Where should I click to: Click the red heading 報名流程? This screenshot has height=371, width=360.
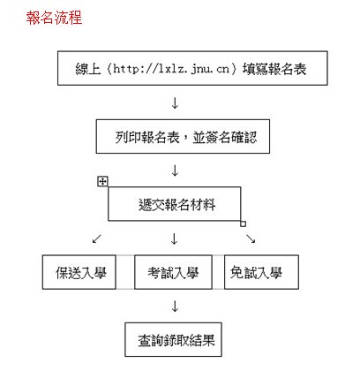click(x=54, y=18)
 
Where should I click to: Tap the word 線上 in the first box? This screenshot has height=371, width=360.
click(x=88, y=69)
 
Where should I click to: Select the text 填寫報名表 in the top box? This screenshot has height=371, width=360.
click(x=274, y=69)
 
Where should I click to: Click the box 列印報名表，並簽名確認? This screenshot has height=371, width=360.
click(x=183, y=136)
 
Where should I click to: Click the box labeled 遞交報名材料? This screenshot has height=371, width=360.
click(x=175, y=204)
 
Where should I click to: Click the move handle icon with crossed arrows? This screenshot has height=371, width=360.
click(x=102, y=181)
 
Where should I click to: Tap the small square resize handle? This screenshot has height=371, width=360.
click(x=243, y=224)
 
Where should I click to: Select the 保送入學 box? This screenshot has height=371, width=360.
click(x=79, y=272)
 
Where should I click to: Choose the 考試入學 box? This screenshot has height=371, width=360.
click(x=173, y=272)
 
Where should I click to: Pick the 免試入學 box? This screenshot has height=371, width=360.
click(x=261, y=272)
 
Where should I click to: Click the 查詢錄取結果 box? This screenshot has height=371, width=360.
click(x=173, y=339)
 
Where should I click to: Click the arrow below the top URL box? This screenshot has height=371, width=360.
click(x=175, y=103)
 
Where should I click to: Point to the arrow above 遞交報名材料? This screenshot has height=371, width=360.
click(x=175, y=170)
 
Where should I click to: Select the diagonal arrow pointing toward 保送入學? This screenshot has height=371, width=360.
click(x=97, y=238)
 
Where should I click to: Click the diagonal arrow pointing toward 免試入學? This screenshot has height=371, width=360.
click(x=251, y=238)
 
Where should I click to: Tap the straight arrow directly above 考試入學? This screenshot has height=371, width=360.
click(x=175, y=238)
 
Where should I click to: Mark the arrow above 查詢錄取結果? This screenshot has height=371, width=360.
click(x=175, y=307)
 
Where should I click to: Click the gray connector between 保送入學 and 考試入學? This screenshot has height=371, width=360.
click(x=125, y=272)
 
